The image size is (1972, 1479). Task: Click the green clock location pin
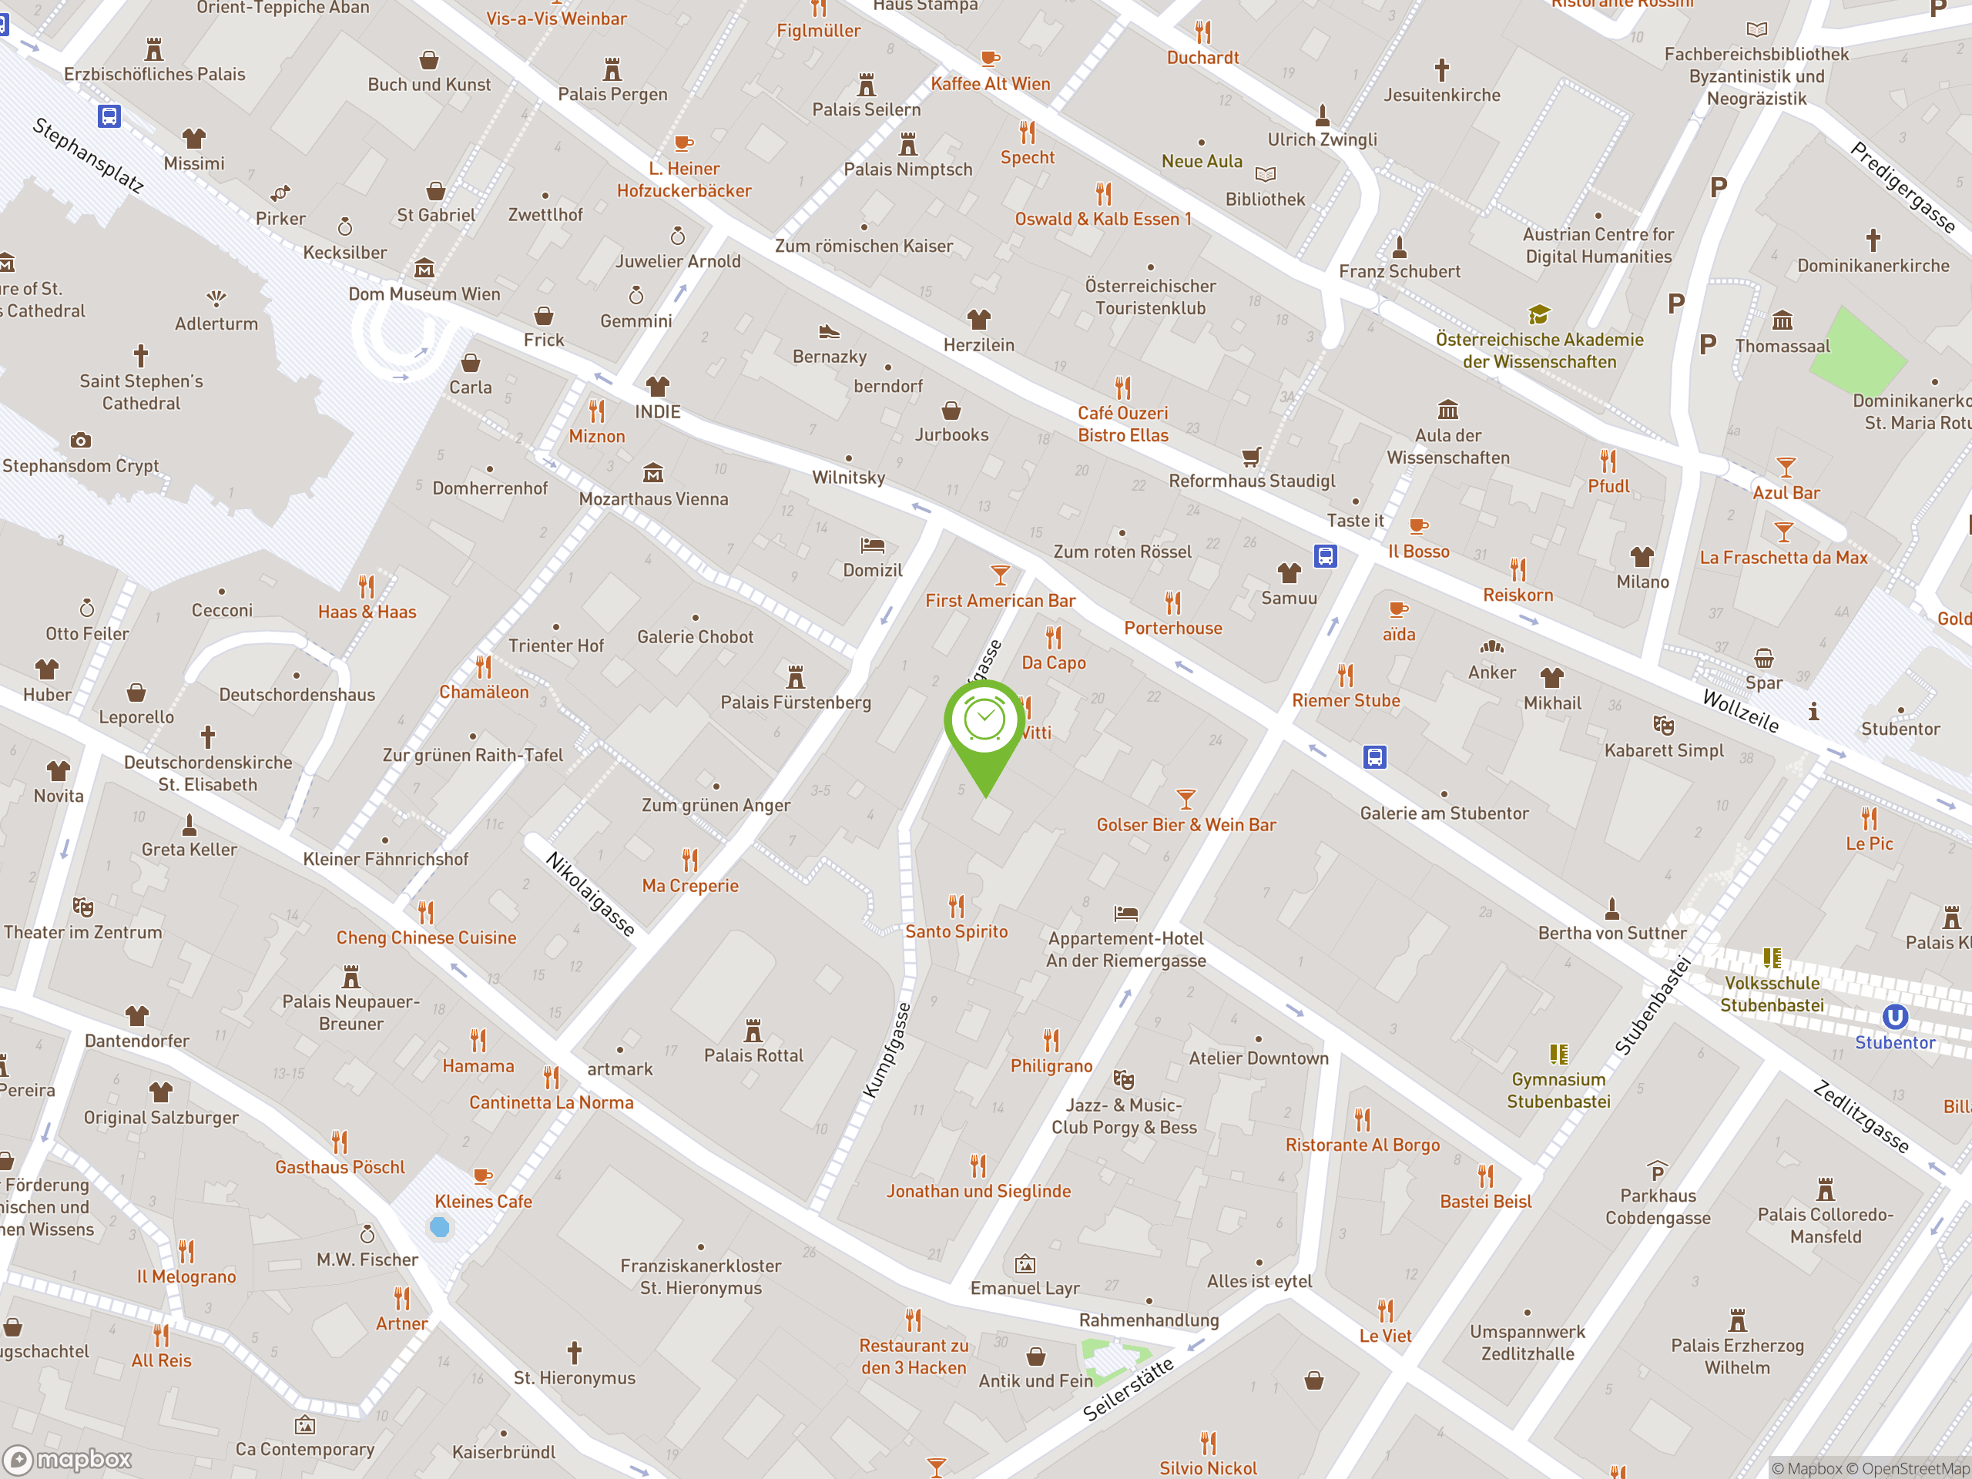(x=985, y=721)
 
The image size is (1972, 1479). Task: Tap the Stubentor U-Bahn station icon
(x=1894, y=1018)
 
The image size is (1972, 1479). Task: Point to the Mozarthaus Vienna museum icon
(x=653, y=472)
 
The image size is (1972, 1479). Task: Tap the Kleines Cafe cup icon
(x=482, y=1176)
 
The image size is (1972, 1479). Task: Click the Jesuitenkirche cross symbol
(x=1441, y=69)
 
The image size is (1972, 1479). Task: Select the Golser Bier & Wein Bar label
(x=1186, y=825)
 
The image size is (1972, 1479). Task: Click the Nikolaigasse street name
(x=590, y=894)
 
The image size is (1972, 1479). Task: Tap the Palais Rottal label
(x=753, y=1055)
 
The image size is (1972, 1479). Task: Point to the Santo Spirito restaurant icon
(x=957, y=907)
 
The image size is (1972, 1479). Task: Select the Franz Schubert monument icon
(x=1400, y=246)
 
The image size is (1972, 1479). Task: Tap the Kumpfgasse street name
(x=887, y=1050)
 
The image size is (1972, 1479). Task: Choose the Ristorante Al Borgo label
(x=1362, y=1145)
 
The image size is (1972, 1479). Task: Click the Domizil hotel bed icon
(x=872, y=545)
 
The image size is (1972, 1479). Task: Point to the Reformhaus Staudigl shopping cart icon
(x=1252, y=457)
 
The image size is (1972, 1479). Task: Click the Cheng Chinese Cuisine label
(x=426, y=938)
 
